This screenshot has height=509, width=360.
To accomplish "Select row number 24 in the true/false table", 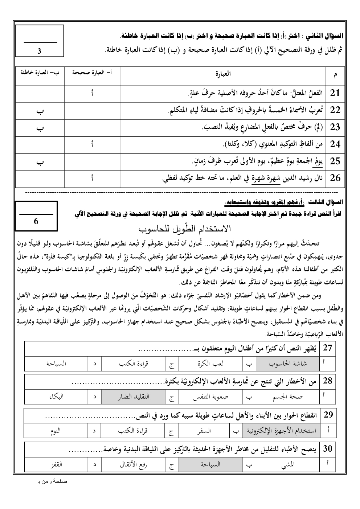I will [335, 144].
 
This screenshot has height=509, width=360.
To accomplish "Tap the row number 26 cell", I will [335, 178].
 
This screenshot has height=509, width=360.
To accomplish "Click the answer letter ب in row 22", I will [41, 111].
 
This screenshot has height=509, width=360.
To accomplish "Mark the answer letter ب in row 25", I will [41, 162].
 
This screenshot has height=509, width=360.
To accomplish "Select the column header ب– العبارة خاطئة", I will [40, 73].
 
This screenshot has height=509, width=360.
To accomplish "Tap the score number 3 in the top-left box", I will [39, 51].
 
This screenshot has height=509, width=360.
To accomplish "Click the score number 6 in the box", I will [36, 221].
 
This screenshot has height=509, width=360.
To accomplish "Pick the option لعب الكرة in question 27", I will [211, 363].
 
